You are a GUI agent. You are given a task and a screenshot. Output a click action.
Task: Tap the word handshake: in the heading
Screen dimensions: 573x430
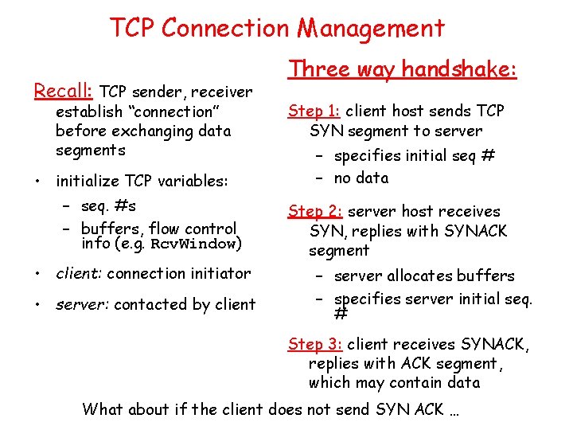(x=459, y=70)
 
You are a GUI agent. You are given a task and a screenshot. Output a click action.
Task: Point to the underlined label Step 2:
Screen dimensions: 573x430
(x=315, y=212)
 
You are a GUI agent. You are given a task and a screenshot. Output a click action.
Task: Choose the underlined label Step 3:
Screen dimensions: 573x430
(x=315, y=345)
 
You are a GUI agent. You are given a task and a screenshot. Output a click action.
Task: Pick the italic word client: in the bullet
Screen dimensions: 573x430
(x=79, y=274)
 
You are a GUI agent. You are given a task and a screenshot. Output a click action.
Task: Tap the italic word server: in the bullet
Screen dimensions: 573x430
(x=82, y=304)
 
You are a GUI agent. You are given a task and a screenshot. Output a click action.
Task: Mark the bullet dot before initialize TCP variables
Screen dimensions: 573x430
(x=38, y=181)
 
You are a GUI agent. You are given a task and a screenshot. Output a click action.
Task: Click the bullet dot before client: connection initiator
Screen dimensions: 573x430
(x=38, y=274)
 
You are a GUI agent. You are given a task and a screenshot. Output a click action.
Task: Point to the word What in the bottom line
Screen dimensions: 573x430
(x=103, y=410)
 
